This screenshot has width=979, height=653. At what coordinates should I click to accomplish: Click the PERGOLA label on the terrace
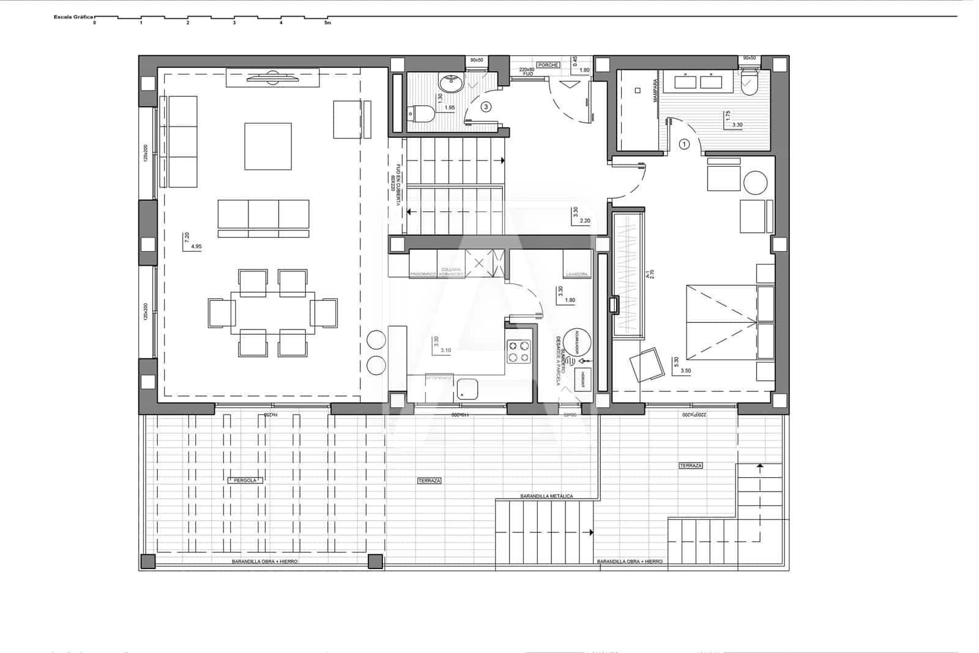[x=245, y=480]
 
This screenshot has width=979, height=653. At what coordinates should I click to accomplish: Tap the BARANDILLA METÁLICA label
[x=546, y=496]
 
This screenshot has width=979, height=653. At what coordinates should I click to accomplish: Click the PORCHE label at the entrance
[x=548, y=65]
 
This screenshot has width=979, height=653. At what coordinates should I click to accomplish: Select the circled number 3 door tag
[x=486, y=107]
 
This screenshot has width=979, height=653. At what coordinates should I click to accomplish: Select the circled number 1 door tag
[x=684, y=144]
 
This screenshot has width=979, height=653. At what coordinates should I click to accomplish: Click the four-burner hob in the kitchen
[x=519, y=352]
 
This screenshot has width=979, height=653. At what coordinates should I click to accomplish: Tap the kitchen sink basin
[x=468, y=388]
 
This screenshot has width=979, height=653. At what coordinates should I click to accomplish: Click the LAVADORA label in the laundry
[x=577, y=274]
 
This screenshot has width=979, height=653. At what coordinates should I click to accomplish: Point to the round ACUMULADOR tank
[x=576, y=342]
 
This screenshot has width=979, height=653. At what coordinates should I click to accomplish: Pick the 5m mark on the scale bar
[x=327, y=23]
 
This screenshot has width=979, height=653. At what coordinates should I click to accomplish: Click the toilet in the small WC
[x=422, y=113]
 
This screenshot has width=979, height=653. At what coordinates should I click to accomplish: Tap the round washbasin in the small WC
[x=452, y=83]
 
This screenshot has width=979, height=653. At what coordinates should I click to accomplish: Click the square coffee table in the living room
[x=268, y=146]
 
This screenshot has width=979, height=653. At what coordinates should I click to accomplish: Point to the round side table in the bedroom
[x=756, y=183]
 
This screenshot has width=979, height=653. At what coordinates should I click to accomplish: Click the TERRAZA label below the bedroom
[x=690, y=466]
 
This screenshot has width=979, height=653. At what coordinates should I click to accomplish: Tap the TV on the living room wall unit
[x=272, y=77]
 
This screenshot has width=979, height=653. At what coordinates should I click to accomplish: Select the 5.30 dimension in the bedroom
[x=676, y=362]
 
